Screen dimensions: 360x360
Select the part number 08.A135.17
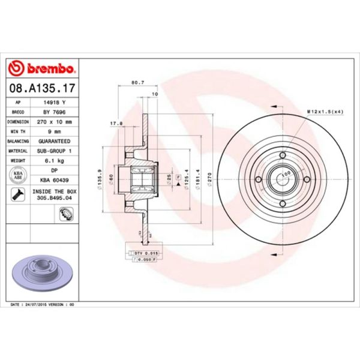click(x=42, y=88)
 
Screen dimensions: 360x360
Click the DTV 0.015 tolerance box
click(x=146, y=254)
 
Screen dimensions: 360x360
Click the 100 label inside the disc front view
click(x=286, y=173)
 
